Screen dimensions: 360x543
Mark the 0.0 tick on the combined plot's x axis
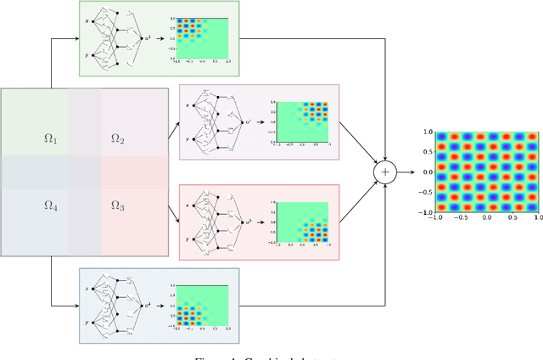point(486,218)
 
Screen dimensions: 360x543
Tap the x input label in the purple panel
point(187,105)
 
